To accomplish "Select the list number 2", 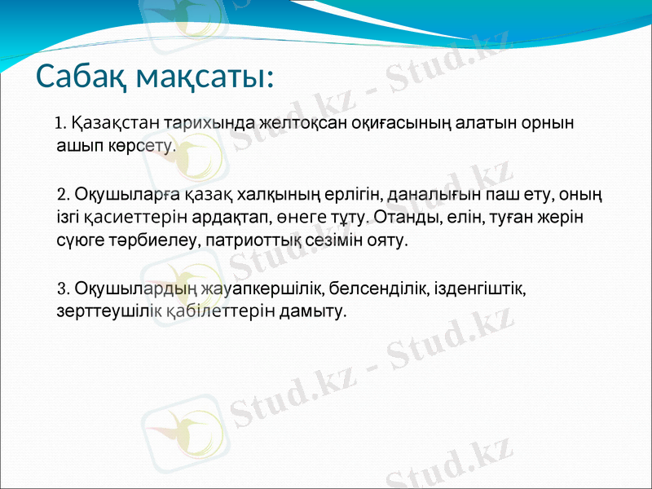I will (63, 196).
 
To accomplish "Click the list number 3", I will (63, 288).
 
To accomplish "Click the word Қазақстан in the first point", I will (115, 124).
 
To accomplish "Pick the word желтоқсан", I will (302, 124).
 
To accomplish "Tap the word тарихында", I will (209, 124).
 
